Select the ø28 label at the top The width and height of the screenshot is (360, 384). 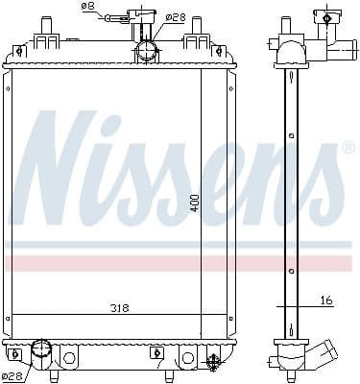point(175,16)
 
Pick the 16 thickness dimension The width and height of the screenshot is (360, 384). point(325,300)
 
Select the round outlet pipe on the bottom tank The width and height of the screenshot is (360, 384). point(42,351)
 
